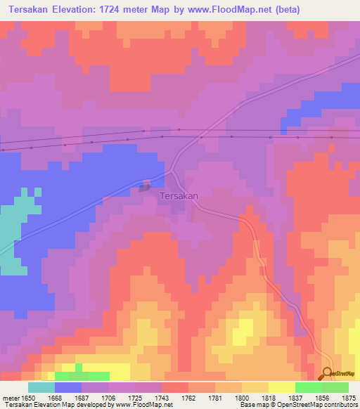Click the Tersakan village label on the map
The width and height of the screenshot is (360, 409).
179,196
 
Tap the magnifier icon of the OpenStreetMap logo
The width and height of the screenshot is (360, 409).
327,373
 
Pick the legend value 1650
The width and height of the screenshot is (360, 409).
29,397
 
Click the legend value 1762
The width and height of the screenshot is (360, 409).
187,397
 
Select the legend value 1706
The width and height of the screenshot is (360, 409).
108,397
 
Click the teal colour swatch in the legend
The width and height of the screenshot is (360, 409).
41,387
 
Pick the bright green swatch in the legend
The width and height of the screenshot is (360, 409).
309,387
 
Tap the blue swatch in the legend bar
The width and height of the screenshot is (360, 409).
68,387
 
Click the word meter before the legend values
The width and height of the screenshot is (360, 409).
10,397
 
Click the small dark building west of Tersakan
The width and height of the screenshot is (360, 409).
145,187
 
